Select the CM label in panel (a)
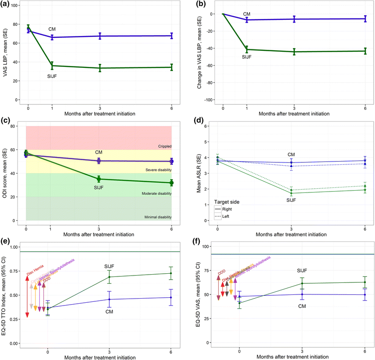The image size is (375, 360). point(52,29)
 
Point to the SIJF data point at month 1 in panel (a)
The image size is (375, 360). point(52,66)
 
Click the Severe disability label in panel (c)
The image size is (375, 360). point(156,170)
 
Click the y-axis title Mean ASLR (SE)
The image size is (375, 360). point(201,173)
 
